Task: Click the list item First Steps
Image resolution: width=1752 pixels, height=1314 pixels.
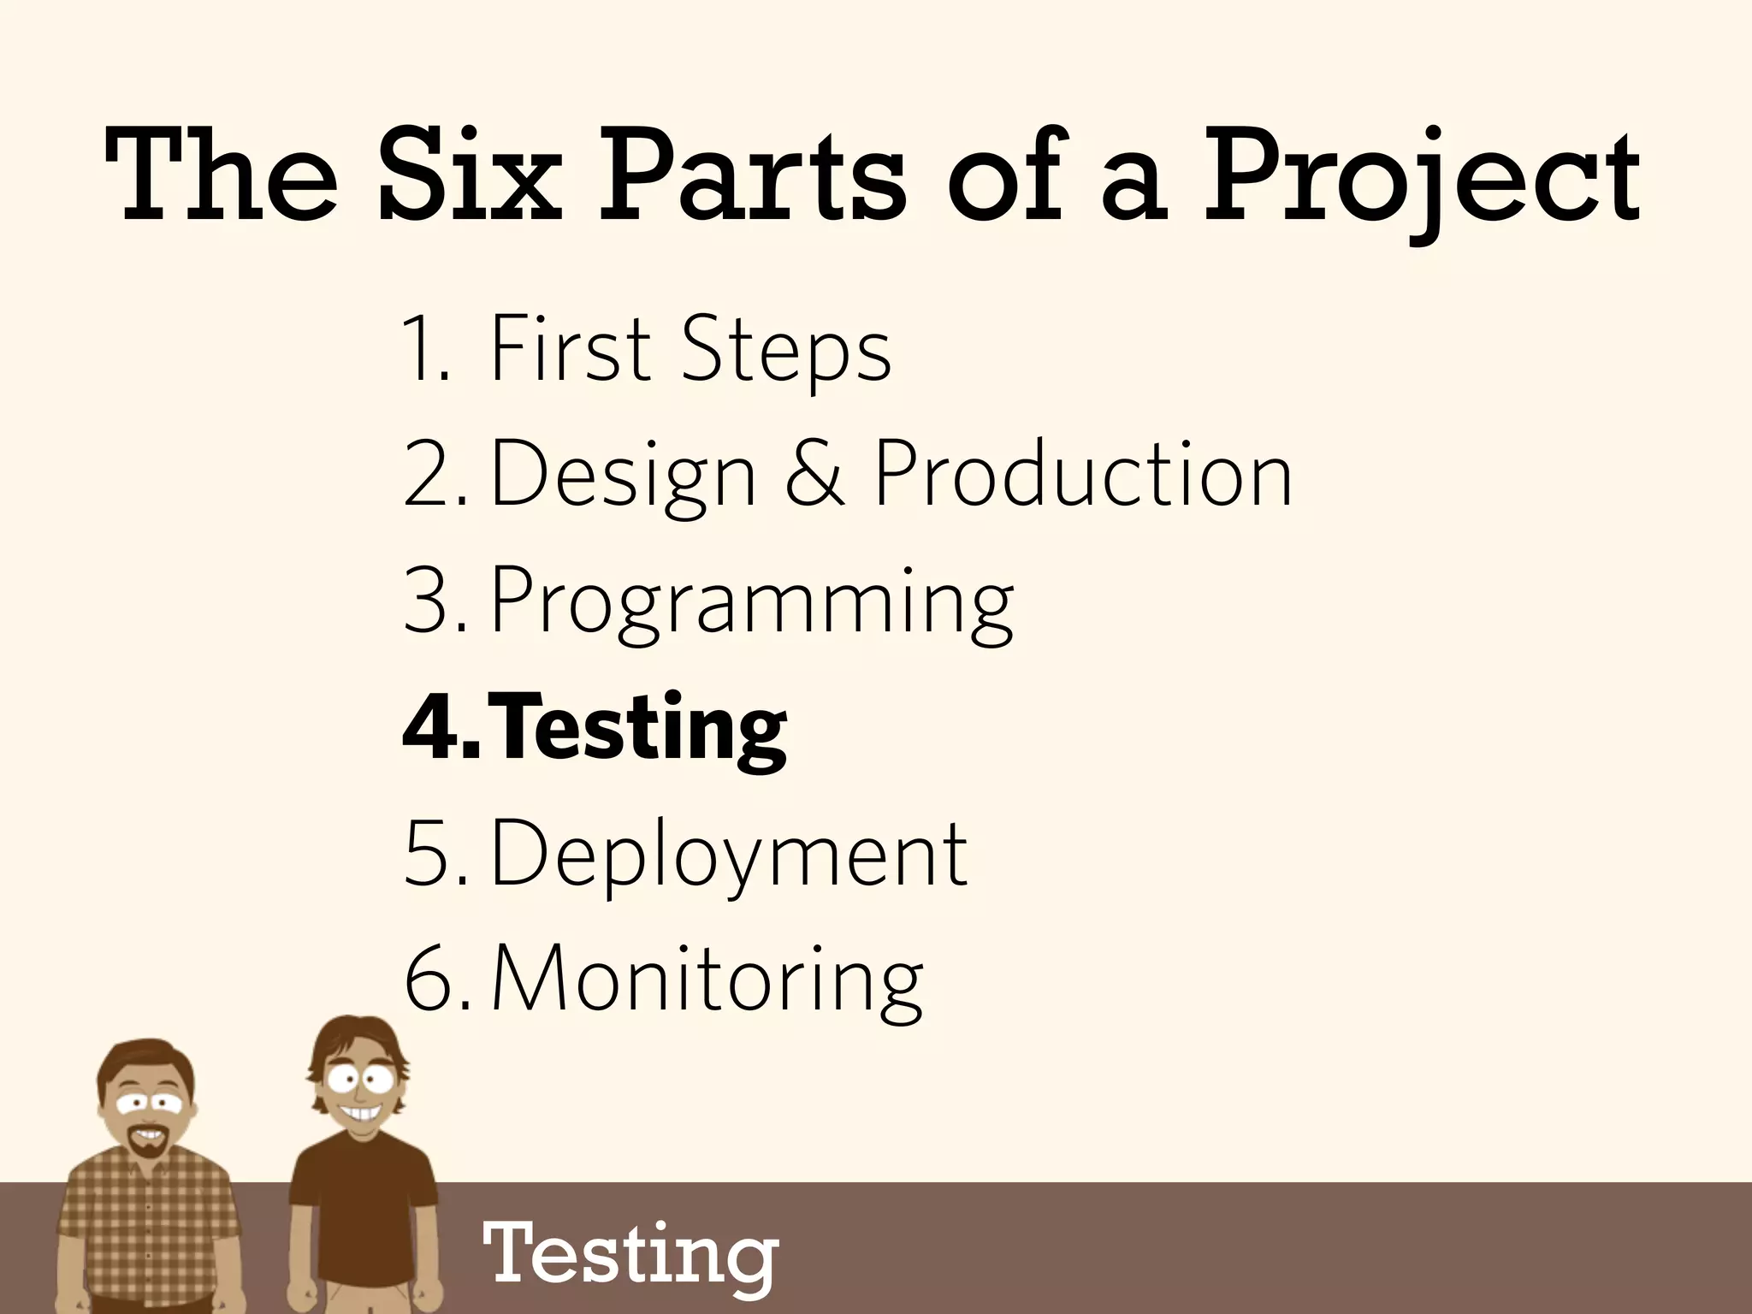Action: pyautogui.click(x=690, y=349)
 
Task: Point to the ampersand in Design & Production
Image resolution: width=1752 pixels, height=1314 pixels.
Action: pyautogui.click(x=814, y=473)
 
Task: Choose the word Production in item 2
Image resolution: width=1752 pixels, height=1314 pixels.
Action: pyautogui.click(x=1083, y=473)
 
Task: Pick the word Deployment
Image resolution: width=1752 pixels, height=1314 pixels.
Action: pyautogui.click(x=729, y=854)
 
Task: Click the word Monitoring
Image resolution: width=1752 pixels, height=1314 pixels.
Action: pyautogui.click(x=707, y=980)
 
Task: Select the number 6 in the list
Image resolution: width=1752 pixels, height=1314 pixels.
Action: pyautogui.click(x=428, y=980)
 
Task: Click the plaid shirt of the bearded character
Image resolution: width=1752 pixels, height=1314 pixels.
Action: pyautogui.click(x=145, y=1223)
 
